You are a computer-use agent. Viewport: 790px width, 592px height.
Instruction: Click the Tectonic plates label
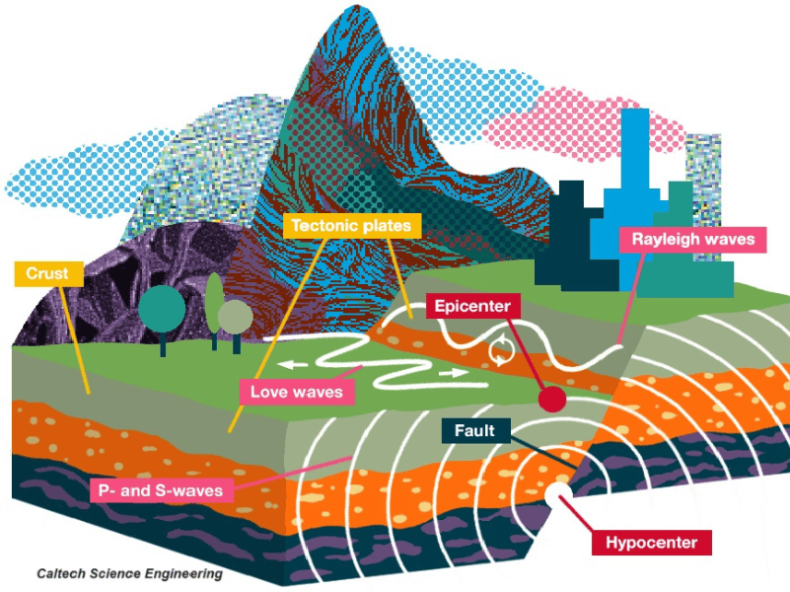click(x=352, y=226)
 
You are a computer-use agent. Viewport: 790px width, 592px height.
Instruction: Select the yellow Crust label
click(x=48, y=273)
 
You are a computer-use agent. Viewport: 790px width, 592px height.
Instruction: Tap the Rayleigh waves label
click(x=692, y=240)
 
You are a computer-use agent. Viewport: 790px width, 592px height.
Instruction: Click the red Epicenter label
click(x=472, y=306)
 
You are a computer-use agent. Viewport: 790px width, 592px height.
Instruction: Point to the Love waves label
click(x=297, y=392)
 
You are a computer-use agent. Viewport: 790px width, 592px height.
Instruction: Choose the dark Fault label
click(x=475, y=431)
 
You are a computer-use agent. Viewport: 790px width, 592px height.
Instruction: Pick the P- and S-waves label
click(x=161, y=490)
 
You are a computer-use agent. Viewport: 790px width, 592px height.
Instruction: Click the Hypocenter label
click(x=652, y=543)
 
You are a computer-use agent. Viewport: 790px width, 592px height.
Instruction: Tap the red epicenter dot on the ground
click(x=552, y=399)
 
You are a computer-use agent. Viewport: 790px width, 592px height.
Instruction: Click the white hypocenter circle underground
click(x=559, y=494)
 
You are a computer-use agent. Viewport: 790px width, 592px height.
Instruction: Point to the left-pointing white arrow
click(x=293, y=364)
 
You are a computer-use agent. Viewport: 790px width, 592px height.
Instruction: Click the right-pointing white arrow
click(x=453, y=373)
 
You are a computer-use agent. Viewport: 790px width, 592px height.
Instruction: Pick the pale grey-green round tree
click(x=236, y=318)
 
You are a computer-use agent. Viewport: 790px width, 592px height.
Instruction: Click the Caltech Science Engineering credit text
click(x=129, y=574)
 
